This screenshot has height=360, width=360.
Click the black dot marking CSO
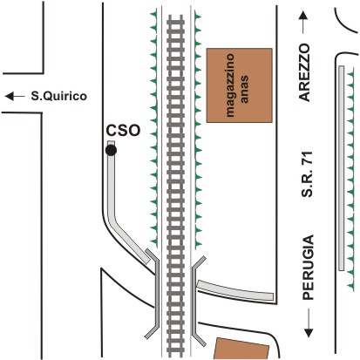pos(111,150)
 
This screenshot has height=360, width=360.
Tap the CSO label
pos(123,131)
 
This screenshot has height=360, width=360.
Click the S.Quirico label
pos(59,96)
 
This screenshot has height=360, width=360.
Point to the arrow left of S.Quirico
pos(15,96)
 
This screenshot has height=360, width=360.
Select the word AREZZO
pos(304,72)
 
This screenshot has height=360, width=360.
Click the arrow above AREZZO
pos(303,23)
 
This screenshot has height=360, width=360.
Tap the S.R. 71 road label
pos(307,174)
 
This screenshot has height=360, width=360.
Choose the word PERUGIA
pos(309,268)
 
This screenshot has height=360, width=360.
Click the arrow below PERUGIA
pos(309,323)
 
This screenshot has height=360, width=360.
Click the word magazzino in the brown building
pos(229,85)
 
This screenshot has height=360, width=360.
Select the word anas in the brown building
pos(244,89)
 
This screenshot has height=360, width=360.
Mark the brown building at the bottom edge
pos(241,349)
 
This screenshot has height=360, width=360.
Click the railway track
pos(176,186)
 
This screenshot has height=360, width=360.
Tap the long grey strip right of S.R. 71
pos(342,168)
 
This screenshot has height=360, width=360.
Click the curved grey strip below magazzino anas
pos(235,291)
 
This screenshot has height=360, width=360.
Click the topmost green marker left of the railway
pos(153,14)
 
